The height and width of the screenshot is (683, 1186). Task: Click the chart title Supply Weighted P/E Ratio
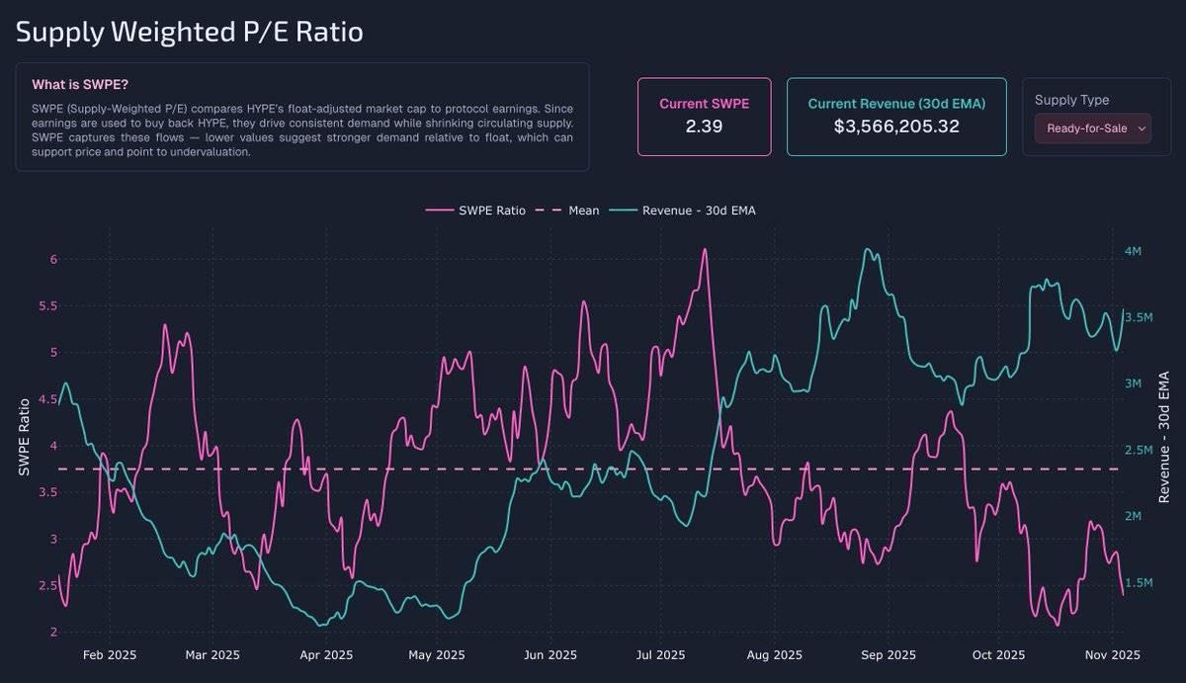pos(190,33)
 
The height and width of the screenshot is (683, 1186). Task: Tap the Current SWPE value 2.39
pos(704,127)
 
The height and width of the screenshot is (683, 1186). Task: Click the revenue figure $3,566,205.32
pos(896,127)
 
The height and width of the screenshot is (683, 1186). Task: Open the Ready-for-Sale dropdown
pos(1092,128)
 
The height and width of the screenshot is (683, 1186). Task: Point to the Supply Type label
pos(1071,100)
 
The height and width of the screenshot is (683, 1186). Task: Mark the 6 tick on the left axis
pos(53,259)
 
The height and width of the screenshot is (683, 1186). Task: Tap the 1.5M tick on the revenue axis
pos(1139,583)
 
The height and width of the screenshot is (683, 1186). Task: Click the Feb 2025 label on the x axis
pos(110,654)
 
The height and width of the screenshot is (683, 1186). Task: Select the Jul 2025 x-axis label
pos(660,654)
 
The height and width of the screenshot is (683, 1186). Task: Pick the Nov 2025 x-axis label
pos(1113,654)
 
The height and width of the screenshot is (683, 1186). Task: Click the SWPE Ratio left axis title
pos(25,437)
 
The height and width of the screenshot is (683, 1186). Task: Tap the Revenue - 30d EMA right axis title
pos(1164,437)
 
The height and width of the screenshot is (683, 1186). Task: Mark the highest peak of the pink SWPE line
pos(705,249)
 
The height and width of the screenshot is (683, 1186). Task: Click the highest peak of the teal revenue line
pos(867,249)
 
